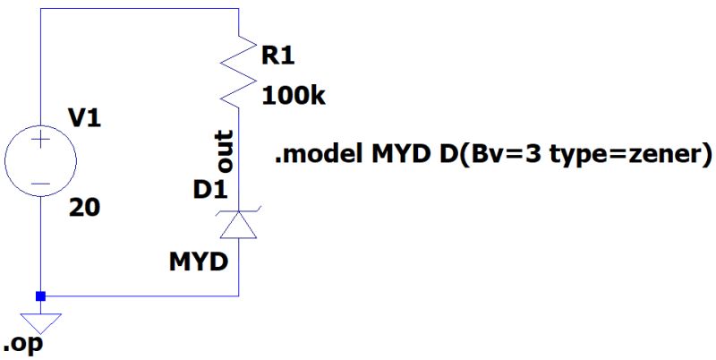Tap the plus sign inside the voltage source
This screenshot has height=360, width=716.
pos(40,141)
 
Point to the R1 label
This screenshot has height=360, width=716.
pos(277,56)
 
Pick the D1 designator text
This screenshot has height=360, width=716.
pos(209,189)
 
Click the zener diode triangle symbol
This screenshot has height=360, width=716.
pos(240,226)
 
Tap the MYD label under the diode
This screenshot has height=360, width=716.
pos(199,263)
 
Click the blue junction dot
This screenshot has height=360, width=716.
pos(40,296)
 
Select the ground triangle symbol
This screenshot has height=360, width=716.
pos(40,320)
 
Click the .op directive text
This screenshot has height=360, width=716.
pos(23,345)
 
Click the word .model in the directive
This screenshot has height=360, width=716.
pos(314,156)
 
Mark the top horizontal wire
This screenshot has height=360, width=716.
pos(140,9)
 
